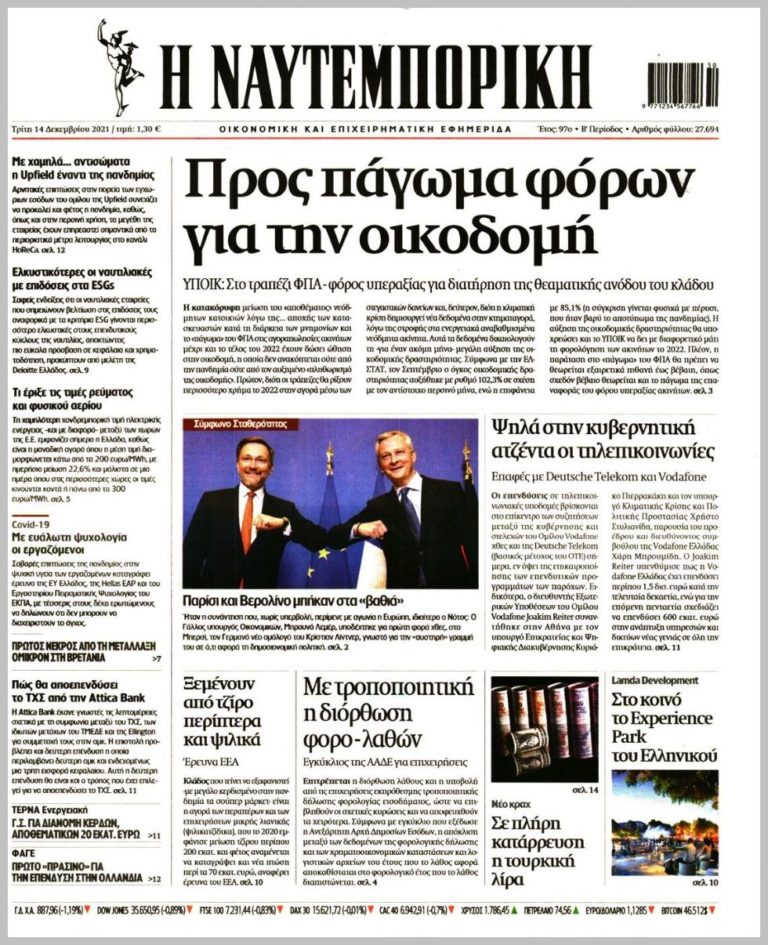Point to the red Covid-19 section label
click(31, 523)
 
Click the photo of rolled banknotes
click(544, 728)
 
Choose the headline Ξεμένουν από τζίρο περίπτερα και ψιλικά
click(226, 712)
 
